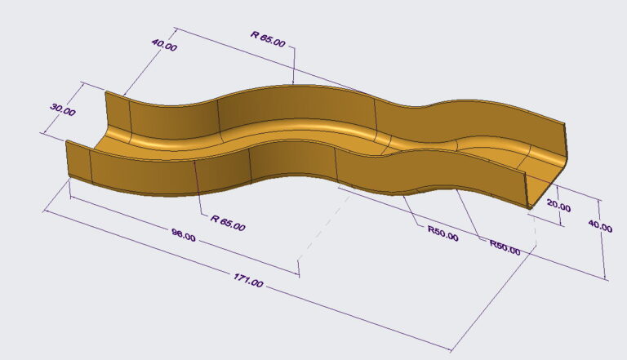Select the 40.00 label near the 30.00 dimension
pos(164,47)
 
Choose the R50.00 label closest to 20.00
pos(504,247)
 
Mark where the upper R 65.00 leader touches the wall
pos(293,84)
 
